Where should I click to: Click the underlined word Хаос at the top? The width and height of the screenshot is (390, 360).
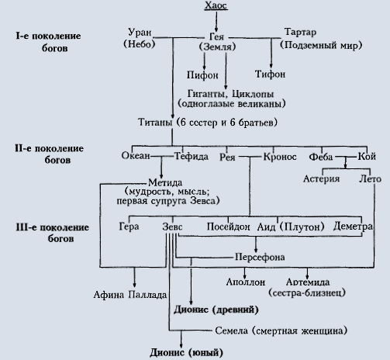pyautogui.click(x=216, y=5)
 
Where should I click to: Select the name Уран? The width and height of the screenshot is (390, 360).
pyautogui.click(x=140, y=33)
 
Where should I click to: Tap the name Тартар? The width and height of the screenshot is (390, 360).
pyautogui.click(x=300, y=32)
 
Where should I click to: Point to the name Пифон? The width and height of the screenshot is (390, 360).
pyautogui.click(x=202, y=75)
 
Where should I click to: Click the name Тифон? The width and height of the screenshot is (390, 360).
pyautogui.click(x=270, y=74)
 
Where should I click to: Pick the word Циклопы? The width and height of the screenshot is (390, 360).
pyautogui.click(x=253, y=94)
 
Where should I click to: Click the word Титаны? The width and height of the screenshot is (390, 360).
pyautogui.click(x=155, y=122)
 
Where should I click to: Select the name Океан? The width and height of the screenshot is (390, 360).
pyautogui.click(x=136, y=156)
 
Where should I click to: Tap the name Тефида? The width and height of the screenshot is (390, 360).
pyautogui.click(x=192, y=156)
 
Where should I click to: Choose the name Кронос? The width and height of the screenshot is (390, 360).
pyautogui.click(x=280, y=157)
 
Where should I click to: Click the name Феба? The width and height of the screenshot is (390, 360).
pyautogui.click(x=321, y=157)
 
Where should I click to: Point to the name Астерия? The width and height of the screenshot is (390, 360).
pyautogui.click(x=321, y=178)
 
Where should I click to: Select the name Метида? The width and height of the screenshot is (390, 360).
pyautogui.click(x=165, y=182)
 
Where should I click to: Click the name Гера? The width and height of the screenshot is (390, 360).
pyautogui.click(x=129, y=227)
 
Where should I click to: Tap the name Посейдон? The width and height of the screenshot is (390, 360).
pyautogui.click(x=228, y=227)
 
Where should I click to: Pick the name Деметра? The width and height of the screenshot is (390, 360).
pyautogui.click(x=353, y=227)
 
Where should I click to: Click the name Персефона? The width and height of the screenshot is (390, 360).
pyautogui.click(x=260, y=257)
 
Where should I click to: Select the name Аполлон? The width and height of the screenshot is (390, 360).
pyautogui.click(x=246, y=282)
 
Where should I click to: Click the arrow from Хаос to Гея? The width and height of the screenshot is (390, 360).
pyautogui.click(x=216, y=22)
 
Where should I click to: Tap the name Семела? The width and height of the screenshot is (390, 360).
pyautogui.click(x=231, y=331)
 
